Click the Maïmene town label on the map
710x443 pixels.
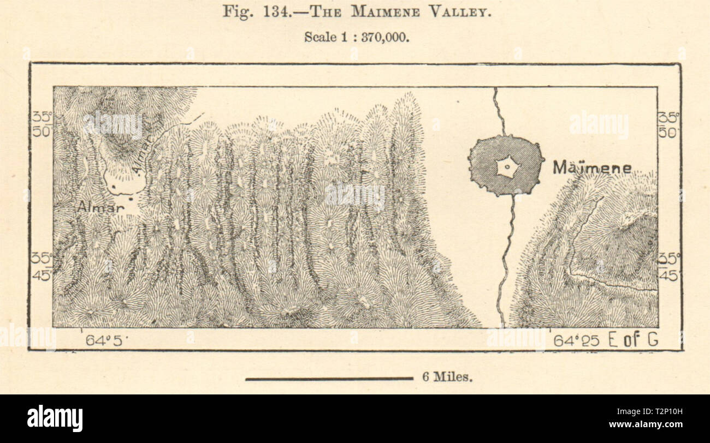click(x=591, y=167)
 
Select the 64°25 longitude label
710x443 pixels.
click(x=576, y=341)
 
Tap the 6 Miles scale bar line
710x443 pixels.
click(x=329, y=378)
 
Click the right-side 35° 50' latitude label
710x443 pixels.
click(x=668, y=124)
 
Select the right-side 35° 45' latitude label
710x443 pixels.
click(x=668, y=266)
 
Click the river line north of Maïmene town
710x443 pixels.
click(x=498, y=112)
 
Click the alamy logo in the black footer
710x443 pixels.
click(x=55, y=418)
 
